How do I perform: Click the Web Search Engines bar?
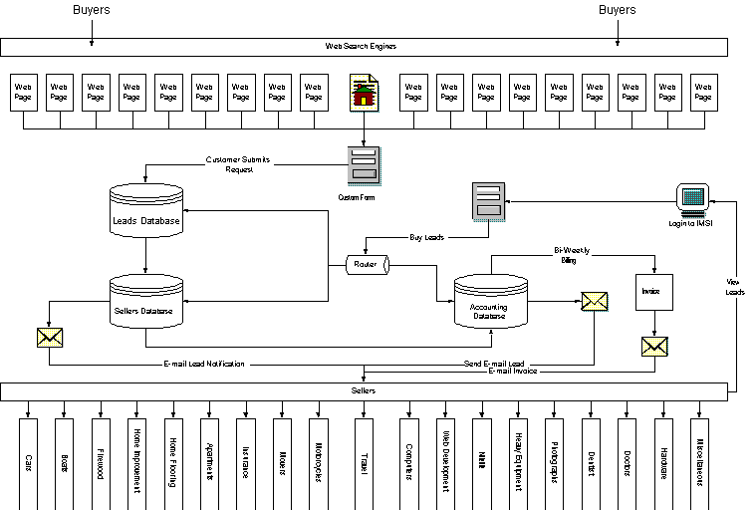[364, 47]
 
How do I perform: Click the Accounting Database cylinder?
[491, 303]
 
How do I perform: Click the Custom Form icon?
[363, 165]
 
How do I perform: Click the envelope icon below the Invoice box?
[654, 347]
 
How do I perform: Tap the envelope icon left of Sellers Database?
[50, 337]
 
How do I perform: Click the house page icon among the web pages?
[364, 92]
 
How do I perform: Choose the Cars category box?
[28, 463]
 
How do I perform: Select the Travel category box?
[364, 463]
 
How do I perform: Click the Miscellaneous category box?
[702, 463]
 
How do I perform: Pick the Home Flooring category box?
[172, 463]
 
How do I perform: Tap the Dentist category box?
[590, 463]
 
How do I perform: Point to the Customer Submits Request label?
[237, 164]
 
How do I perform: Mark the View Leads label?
[734, 286]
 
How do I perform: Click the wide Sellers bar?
[364, 391]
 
